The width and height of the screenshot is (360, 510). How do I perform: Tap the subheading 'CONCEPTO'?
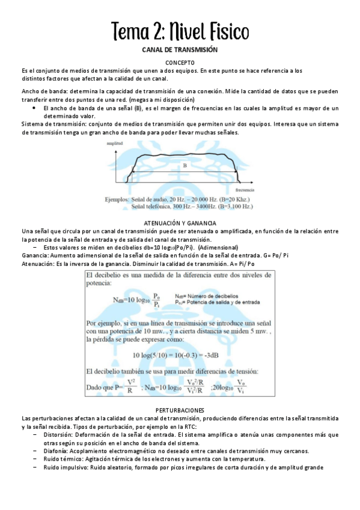point(180,63)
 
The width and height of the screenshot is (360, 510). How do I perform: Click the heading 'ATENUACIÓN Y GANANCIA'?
point(180,223)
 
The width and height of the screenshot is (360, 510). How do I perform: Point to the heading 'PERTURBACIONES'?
point(180,410)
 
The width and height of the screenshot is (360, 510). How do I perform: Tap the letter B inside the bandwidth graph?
point(185,165)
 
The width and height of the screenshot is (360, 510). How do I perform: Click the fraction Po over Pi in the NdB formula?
point(156,300)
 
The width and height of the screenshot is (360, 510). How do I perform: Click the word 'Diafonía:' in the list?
point(59,450)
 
